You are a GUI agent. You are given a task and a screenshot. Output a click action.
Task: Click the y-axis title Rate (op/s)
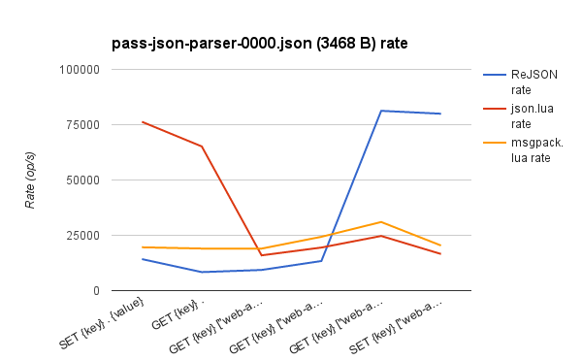tap(30, 180)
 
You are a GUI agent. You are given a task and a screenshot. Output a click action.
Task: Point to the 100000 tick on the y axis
tap(80, 70)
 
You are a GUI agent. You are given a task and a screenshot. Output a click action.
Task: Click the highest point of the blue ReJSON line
tap(382, 111)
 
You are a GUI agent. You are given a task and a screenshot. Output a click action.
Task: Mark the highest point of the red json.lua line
tap(143, 122)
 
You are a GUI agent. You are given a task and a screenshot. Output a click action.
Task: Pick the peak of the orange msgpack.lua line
tap(382, 222)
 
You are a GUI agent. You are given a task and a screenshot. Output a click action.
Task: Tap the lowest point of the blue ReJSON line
tap(202, 272)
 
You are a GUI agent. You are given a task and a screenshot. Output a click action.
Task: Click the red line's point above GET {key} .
tap(202, 147)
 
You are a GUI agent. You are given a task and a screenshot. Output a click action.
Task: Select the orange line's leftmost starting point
tap(143, 247)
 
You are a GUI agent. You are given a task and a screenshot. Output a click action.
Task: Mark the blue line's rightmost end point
tap(441, 114)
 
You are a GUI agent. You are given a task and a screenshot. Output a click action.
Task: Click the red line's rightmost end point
tap(441, 253)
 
